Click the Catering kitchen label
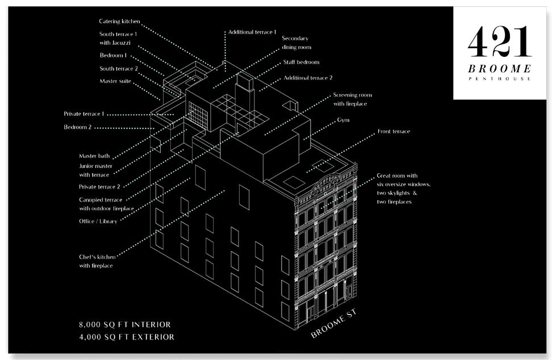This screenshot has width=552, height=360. [x=119, y=22]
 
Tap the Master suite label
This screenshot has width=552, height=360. [x=115, y=81]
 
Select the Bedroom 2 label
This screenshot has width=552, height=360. [x=77, y=127]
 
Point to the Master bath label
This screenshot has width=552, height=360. [x=94, y=156]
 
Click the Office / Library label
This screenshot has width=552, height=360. [x=98, y=221]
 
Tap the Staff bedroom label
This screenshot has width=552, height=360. [x=301, y=62]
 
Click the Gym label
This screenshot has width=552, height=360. [x=343, y=120]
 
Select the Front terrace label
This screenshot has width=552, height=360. [x=394, y=132]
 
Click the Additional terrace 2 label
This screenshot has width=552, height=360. [x=308, y=77]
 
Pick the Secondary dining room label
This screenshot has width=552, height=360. [x=296, y=43]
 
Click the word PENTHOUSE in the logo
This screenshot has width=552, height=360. [x=500, y=79]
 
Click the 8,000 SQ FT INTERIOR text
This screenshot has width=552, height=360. [x=124, y=325]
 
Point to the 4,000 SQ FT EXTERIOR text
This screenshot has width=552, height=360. [x=126, y=337]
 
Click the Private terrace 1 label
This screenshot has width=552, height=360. [x=84, y=114]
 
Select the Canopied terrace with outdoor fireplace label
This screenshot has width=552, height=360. [x=107, y=204]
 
